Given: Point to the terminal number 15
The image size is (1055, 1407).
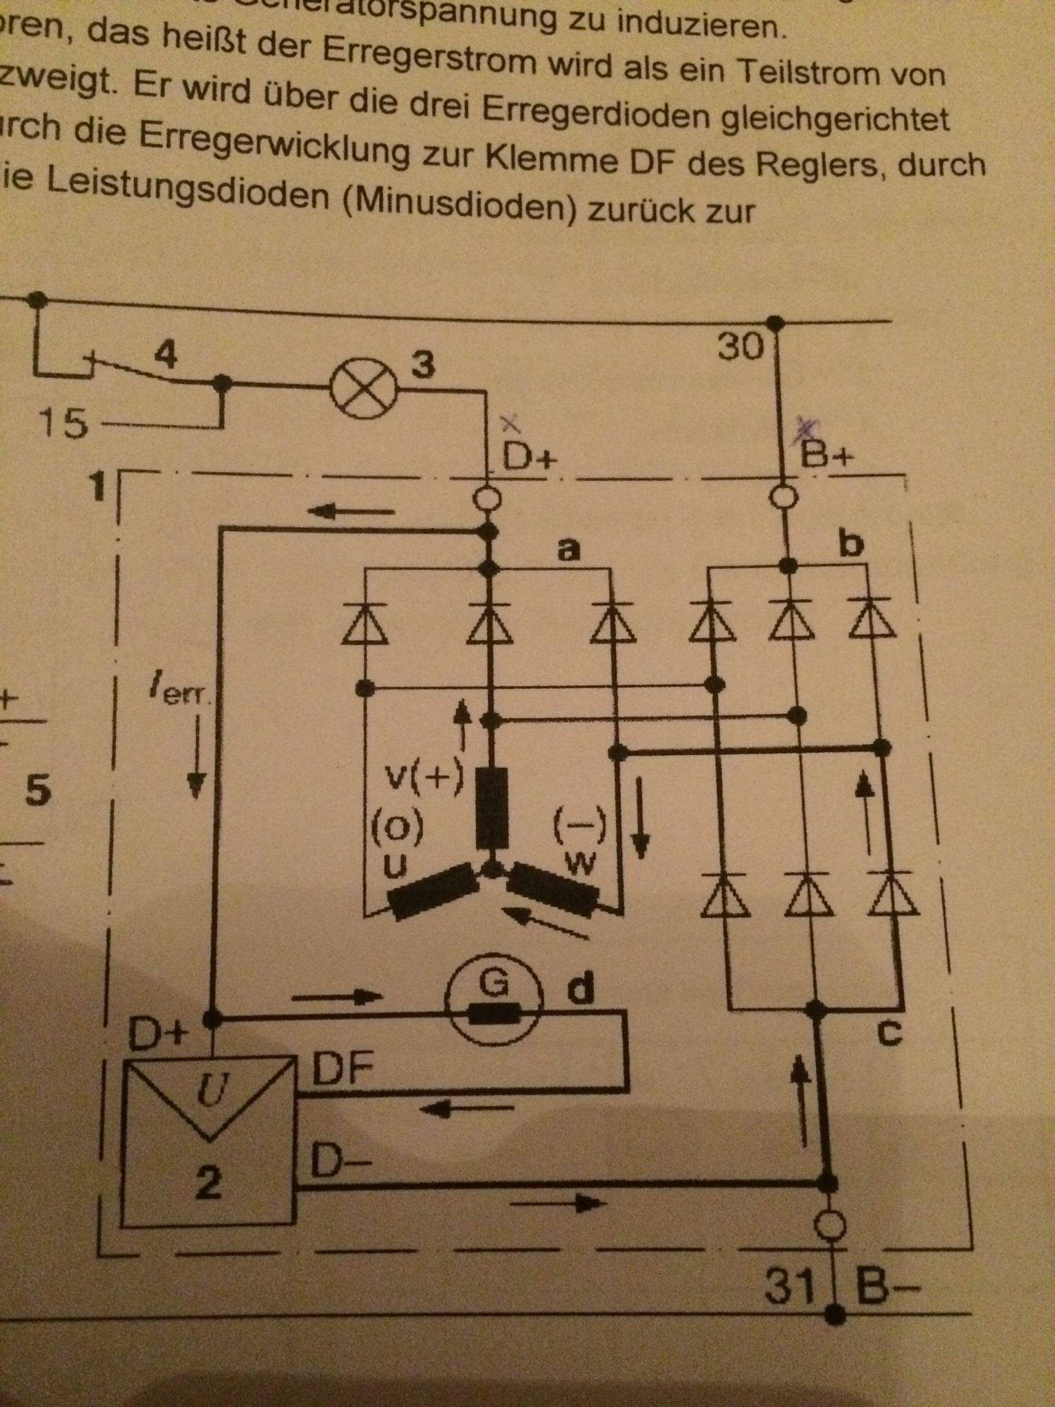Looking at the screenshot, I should click(63, 422).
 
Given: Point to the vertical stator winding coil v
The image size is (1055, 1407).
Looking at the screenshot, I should click(492, 808).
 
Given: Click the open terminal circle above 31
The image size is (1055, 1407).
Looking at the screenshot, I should click(830, 1225).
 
